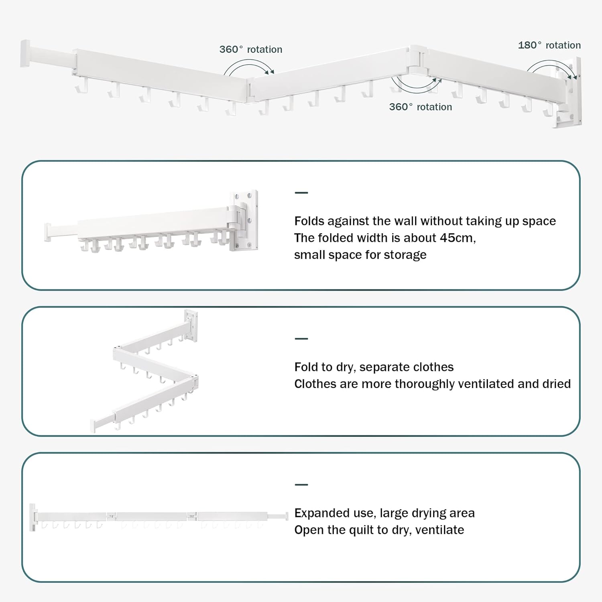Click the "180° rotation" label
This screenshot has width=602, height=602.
point(549,45)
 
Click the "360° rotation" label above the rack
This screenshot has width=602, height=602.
point(250,49)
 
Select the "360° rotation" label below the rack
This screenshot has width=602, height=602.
point(420,107)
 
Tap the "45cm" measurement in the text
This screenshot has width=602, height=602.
point(457,238)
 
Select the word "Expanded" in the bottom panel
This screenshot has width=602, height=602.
point(319,513)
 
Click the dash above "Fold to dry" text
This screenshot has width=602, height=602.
point(301,339)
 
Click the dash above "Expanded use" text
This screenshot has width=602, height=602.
point(301,485)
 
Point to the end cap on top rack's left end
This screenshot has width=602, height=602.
point(25,53)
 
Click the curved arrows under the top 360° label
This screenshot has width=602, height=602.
point(249,67)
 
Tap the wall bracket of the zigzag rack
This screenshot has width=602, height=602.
point(191,325)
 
